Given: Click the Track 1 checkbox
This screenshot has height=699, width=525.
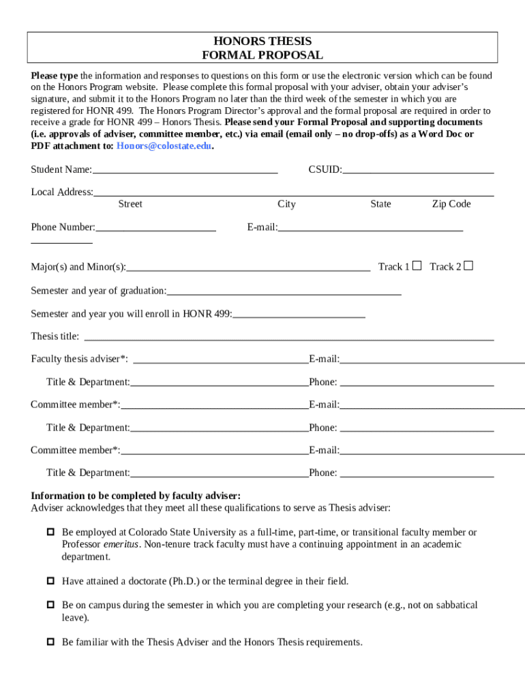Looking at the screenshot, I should click(x=417, y=266).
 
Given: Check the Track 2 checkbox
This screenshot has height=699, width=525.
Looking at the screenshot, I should click(x=468, y=266).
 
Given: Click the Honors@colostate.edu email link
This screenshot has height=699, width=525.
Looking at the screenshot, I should click(x=164, y=146).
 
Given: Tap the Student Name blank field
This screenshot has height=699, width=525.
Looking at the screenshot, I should click(x=185, y=169).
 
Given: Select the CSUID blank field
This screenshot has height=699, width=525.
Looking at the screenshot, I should click(x=418, y=169).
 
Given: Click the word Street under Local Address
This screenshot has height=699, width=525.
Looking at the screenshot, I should click(x=130, y=204).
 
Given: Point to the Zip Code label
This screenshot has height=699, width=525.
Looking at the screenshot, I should click(x=451, y=204).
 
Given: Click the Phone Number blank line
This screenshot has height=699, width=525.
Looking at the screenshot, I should click(x=155, y=227).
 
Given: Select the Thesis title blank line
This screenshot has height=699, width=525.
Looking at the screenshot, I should click(x=288, y=336).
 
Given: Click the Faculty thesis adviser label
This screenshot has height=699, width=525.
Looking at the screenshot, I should click(x=79, y=359).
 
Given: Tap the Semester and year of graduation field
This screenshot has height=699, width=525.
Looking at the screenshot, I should click(x=284, y=291).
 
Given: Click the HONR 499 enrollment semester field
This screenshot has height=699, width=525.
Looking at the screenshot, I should click(x=299, y=314).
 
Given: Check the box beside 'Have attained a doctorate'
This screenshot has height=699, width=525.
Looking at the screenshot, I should click(x=50, y=582).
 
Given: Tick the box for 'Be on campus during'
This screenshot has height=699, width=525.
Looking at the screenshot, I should click(x=50, y=605).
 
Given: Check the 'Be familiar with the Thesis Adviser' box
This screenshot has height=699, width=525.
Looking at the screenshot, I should click(x=50, y=642).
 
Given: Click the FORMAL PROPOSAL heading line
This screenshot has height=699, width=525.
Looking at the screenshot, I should click(x=262, y=55).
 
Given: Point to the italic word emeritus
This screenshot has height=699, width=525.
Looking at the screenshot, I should click(x=121, y=545).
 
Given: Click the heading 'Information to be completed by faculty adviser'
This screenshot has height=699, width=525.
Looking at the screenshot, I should click(x=136, y=496).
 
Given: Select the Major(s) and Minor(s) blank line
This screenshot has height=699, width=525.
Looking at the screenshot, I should click(x=248, y=267).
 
